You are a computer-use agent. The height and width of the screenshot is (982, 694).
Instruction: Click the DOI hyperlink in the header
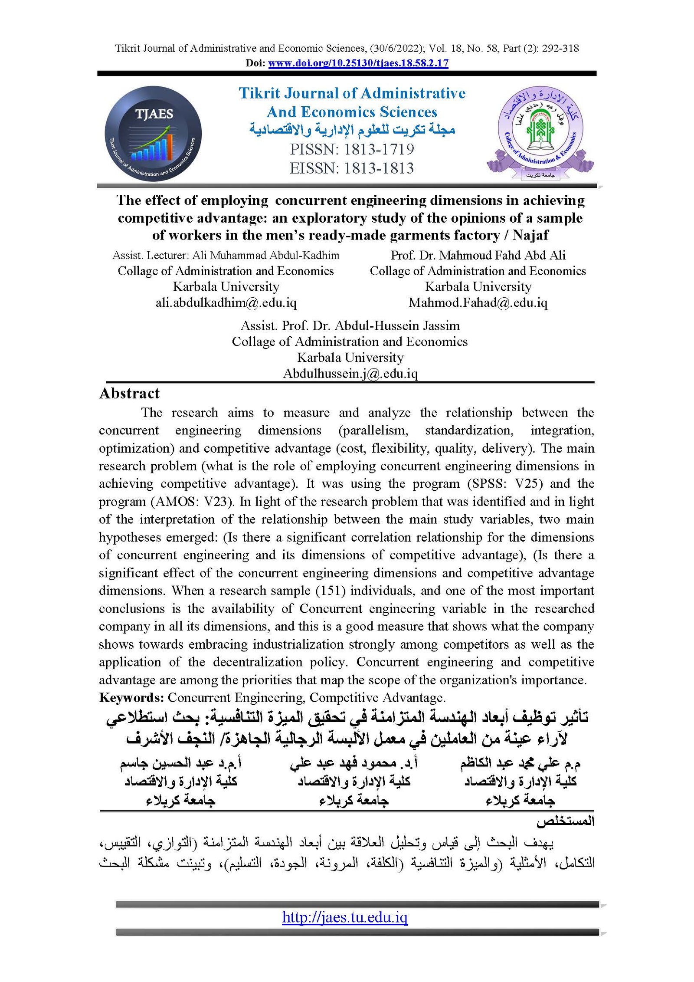click(x=358, y=63)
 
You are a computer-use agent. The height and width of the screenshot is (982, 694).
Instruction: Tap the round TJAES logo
click(x=153, y=133)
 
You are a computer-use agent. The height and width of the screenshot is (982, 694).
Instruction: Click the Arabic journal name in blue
click(x=352, y=130)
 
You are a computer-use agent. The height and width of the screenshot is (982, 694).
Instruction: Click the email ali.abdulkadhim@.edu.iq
click(x=226, y=302)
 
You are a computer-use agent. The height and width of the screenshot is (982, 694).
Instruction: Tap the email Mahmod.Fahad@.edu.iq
click(x=478, y=302)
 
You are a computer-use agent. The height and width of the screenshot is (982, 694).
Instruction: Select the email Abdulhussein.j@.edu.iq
click(x=350, y=374)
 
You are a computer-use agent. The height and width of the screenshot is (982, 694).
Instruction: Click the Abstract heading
click(x=129, y=394)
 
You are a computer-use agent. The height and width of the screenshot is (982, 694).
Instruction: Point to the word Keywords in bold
click(x=131, y=698)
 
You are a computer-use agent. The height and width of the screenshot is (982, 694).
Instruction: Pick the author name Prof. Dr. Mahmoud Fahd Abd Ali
click(x=478, y=255)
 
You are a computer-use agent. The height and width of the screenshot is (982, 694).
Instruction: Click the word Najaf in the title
click(x=530, y=235)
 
